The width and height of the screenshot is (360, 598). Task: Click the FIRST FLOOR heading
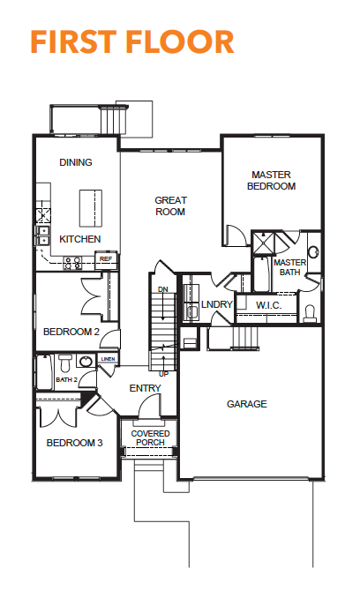click(x=132, y=41)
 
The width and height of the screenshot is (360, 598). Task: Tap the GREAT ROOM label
click(x=170, y=206)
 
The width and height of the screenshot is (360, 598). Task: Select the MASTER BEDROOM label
click(x=271, y=181)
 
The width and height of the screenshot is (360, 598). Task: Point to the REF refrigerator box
click(x=106, y=259)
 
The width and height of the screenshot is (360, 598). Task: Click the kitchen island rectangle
click(x=91, y=208)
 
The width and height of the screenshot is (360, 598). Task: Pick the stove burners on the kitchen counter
click(x=72, y=263)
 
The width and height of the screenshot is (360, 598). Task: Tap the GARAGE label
click(x=247, y=404)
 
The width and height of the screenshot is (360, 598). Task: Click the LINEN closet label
click(x=108, y=359)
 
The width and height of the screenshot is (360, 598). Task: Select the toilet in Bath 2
click(x=65, y=363)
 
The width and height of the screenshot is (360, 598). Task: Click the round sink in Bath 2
click(x=86, y=361)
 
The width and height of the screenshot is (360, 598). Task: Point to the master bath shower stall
click(x=264, y=243)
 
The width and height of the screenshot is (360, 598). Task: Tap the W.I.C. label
click(x=268, y=305)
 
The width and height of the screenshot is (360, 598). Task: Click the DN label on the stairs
click(x=163, y=289)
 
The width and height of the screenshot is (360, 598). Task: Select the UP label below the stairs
click(x=163, y=374)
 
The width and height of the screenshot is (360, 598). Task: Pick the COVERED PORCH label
click(x=150, y=438)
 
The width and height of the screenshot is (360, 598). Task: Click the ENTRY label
click(x=145, y=388)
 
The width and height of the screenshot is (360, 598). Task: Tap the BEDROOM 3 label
click(x=74, y=443)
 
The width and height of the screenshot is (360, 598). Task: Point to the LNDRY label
click(x=216, y=304)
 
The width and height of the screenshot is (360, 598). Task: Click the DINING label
click(x=76, y=162)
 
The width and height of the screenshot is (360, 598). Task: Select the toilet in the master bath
click(x=310, y=313)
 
